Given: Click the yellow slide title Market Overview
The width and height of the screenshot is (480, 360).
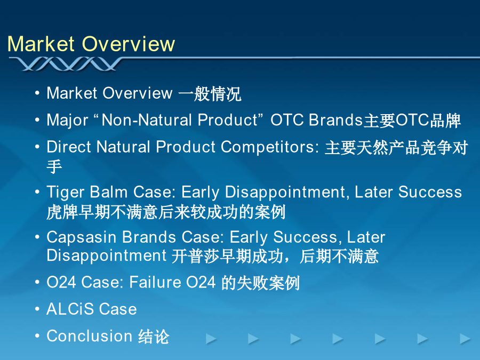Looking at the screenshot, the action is coord(91,44).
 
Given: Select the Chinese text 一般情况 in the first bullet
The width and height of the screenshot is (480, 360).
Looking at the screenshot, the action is coord(210,94).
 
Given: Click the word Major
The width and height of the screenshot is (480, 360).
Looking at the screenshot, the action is coord(67,121).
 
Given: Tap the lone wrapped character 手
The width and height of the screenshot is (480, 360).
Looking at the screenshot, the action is coord(54,166).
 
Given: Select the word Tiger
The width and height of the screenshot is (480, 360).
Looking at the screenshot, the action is coord(66,192).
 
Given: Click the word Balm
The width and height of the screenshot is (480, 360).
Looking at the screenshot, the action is coord(109,192).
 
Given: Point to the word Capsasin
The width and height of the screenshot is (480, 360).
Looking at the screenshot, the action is coord(82,237).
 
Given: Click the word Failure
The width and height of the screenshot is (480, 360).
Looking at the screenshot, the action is coord(155,282).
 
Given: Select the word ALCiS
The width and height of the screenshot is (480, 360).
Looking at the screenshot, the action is coord(70,309).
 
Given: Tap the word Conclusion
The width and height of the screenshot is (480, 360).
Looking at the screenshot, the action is coord(90,336).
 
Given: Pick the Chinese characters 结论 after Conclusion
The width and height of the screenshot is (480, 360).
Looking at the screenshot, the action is coord(154,337).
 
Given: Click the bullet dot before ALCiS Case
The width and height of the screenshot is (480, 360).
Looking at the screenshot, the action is coord(37,309).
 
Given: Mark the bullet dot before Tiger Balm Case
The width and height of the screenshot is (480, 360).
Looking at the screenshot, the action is coord(37,192).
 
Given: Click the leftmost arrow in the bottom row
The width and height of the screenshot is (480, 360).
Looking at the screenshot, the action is coord(211,339).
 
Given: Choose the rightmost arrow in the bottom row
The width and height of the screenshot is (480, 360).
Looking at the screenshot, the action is coord(465,339).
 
